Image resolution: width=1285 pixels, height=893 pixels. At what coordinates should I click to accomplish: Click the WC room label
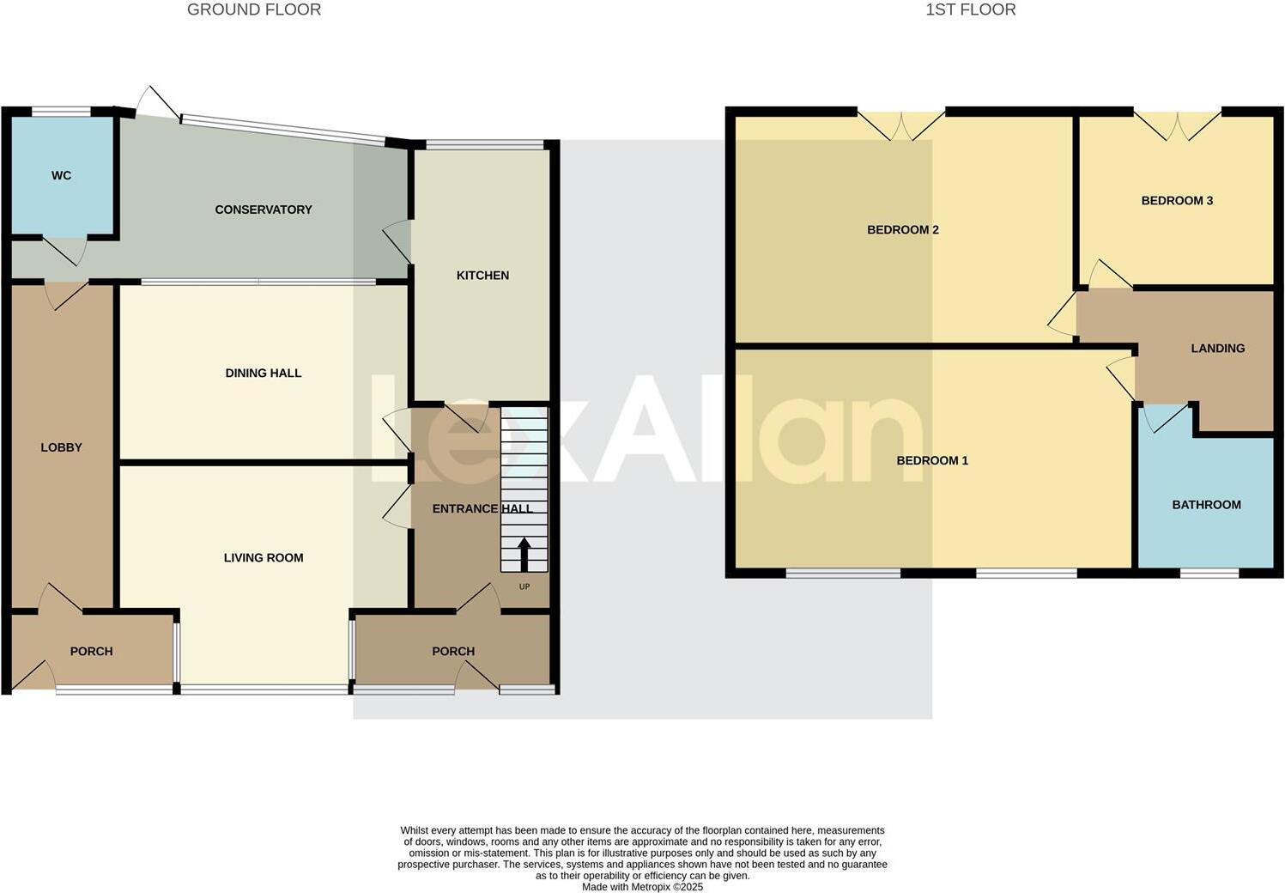point(61,176)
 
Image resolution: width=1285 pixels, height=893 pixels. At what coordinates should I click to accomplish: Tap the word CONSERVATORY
point(264,210)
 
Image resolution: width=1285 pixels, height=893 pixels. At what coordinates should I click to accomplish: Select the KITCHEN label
point(482,276)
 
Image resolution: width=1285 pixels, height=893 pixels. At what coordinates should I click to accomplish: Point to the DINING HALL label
point(264,374)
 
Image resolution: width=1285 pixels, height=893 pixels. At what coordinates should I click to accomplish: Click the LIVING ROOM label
point(264,558)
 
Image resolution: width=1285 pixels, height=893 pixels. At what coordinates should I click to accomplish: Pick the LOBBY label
point(61,447)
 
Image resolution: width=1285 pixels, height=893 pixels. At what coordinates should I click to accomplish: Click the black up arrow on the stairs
point(524,554)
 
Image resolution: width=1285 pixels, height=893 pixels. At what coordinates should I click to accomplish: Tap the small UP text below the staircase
point(524,587)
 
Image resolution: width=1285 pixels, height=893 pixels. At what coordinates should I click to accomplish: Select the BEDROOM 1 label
point(932,461)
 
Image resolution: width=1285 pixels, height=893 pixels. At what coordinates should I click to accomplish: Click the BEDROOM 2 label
point(903,230)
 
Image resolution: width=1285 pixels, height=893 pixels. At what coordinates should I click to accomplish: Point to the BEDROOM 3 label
point(1177,201)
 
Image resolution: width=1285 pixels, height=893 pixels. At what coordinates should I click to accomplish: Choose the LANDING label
point(1217,349)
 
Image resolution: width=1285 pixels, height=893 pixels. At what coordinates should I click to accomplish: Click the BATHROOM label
point(1206,505)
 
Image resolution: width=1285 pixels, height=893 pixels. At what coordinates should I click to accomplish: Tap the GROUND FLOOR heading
point(254,10)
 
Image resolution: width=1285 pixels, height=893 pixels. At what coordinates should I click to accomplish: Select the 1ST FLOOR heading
point(971,10)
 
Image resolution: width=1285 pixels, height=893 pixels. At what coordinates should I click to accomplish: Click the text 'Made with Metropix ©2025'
point(642,887)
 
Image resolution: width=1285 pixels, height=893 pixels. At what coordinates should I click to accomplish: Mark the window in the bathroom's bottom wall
point(1209,573)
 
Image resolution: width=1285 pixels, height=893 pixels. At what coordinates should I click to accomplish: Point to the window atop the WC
point(61,111)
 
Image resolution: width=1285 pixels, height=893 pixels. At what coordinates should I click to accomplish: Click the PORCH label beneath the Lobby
point(91,652)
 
